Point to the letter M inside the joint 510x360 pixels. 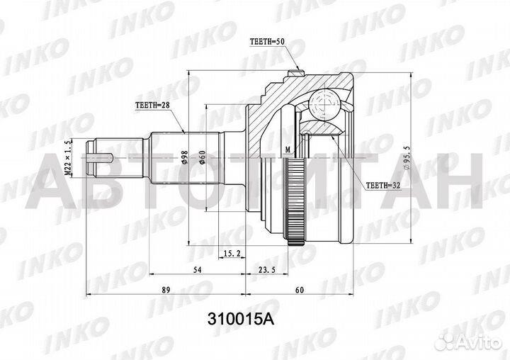[x=287, y=150]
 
